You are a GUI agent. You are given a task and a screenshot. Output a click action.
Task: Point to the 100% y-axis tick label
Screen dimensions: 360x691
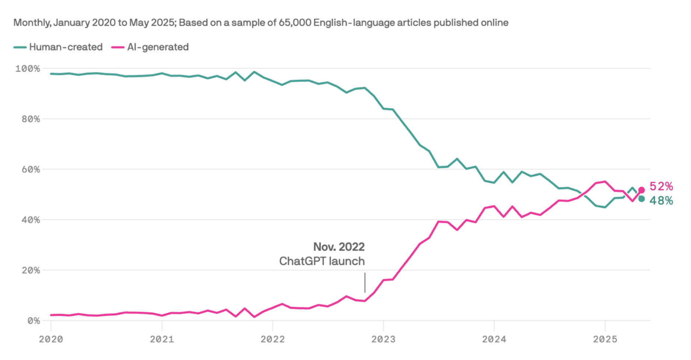(27, 69)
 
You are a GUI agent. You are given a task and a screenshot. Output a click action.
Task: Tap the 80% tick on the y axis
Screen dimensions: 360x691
(31, 119)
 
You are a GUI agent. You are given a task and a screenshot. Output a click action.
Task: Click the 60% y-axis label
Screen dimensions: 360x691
(31, 170)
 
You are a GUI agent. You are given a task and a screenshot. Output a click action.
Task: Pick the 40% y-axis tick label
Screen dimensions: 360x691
(31, 220)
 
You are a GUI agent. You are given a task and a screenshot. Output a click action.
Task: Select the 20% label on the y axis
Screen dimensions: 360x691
(31, 271)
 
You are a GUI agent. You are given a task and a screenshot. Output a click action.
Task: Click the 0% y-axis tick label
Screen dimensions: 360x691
(34, 321)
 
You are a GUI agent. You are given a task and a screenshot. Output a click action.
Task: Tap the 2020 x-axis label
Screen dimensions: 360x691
(51, 339)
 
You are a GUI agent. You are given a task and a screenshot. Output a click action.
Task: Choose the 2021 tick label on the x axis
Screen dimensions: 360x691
(162, 339)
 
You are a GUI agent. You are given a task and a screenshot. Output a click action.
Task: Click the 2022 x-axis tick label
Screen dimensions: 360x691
(273, 339)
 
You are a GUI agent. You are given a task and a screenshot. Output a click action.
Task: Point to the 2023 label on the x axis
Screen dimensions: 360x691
(383, 339)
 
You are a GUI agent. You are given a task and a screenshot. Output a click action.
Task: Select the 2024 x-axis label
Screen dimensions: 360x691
(494, 339)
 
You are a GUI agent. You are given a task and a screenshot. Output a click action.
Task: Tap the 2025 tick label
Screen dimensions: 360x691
(605, 339)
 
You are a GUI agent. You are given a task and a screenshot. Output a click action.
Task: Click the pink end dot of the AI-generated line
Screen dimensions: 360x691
(641, 190)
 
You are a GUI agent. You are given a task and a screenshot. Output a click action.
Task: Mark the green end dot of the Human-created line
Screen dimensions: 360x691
(641, 199)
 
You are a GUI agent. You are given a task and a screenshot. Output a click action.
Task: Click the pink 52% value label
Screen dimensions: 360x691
(661, 187)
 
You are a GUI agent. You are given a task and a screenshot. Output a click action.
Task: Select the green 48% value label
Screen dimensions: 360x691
(661, 201)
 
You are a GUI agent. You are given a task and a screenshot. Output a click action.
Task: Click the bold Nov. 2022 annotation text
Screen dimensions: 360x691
(339, 247)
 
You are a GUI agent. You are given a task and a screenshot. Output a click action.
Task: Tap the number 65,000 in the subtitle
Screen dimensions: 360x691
(294, 23)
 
